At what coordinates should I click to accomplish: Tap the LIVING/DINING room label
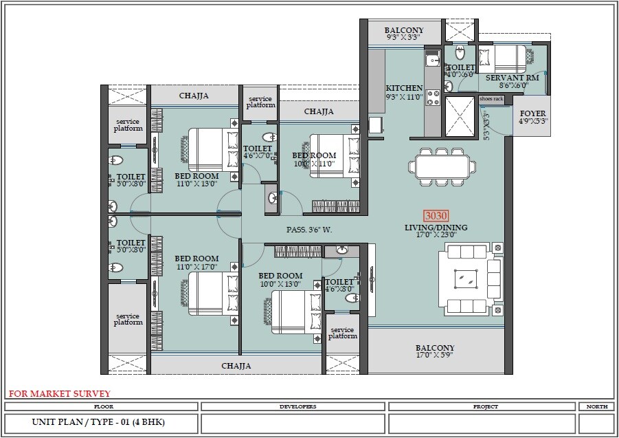point(436,228)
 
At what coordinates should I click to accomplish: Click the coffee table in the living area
point(467,278)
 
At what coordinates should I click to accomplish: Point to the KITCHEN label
point(404,89)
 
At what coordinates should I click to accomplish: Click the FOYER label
point(532,113)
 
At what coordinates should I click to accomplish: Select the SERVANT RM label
point(512,78)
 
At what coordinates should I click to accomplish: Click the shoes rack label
point(491,99)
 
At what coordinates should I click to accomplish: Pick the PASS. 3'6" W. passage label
point(309,230)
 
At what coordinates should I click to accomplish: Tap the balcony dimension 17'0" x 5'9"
point(435,355)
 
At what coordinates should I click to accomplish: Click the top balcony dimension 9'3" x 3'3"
point(403,39)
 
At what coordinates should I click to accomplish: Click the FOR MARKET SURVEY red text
point(59,394)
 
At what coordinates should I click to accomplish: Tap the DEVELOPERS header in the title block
point(297,406)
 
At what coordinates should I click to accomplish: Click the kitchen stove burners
point(434,97)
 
